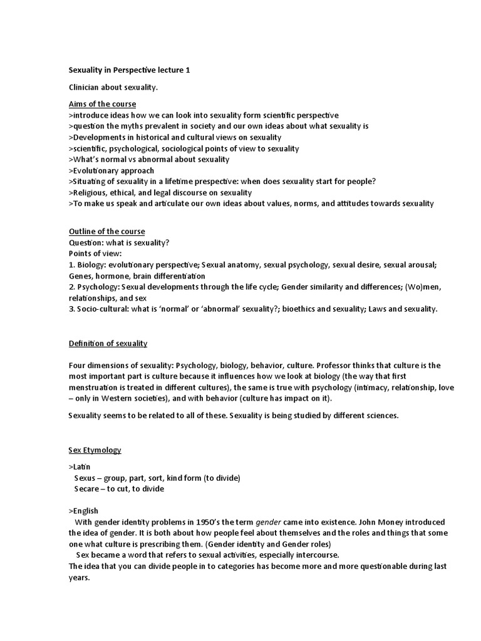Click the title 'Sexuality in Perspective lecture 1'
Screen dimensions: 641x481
129,71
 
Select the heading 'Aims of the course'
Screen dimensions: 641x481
102,104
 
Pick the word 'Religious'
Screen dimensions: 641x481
90,192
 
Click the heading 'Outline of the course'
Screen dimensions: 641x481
106,232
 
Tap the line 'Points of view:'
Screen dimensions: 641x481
95,254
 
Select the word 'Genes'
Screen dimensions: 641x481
80,275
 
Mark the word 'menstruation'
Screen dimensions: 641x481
95,387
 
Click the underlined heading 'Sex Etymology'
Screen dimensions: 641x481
95,450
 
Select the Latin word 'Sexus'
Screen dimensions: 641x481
86,478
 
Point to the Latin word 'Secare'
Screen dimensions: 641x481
87,489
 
